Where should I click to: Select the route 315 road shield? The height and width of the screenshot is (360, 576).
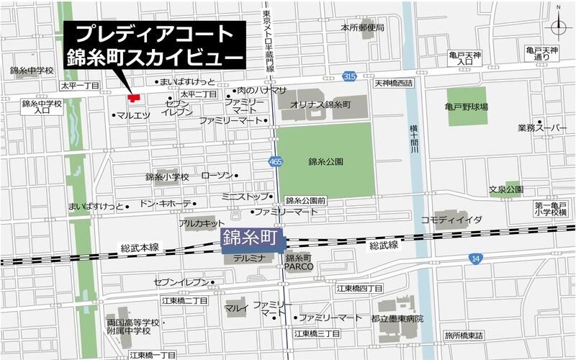click(x=350, y=76)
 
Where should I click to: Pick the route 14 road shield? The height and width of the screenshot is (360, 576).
click(x=473, y=257)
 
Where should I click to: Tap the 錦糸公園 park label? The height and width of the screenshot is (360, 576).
click(x=325, y=162)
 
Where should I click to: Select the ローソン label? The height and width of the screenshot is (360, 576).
click(x=217, y=176)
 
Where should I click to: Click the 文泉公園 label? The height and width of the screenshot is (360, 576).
click(x=505, y=190)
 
